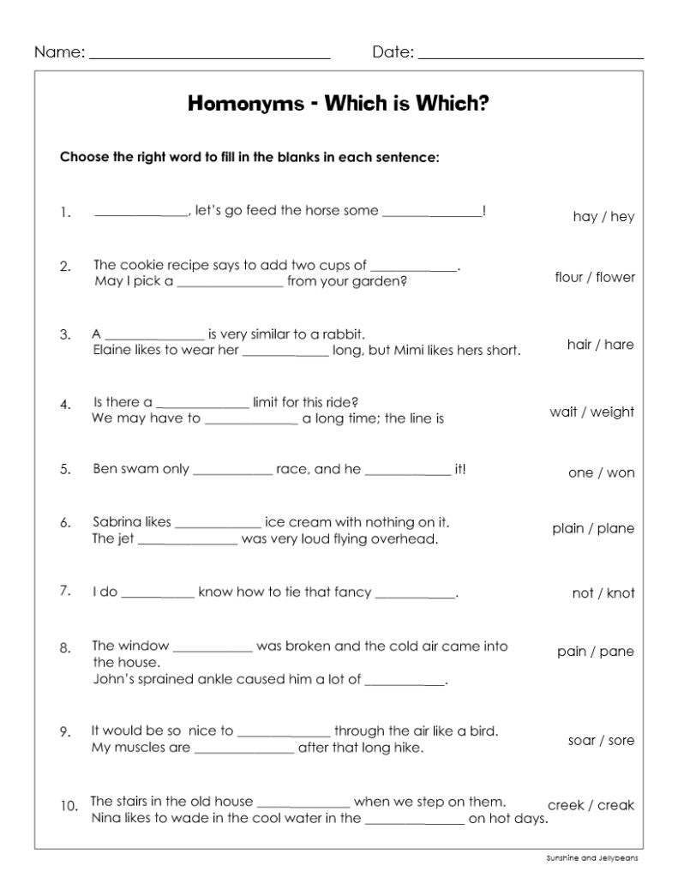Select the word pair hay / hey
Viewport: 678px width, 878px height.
click(603, 216)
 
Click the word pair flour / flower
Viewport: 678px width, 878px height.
click(595, 277)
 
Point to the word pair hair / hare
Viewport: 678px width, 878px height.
click(600, 345)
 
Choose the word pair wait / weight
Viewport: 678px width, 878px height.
click(591, 412)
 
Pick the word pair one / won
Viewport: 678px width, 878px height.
click(601, 472)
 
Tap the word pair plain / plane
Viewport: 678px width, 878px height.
click(593, 528)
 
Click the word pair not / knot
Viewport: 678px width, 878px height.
click(603, 592)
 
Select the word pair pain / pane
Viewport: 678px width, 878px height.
click(595, 652)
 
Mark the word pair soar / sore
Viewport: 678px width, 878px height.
click(601, 740)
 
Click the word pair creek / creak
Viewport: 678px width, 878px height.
click(591, 805)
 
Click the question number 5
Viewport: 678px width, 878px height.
click(65, 470)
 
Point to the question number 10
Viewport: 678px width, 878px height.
click(69, 806)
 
